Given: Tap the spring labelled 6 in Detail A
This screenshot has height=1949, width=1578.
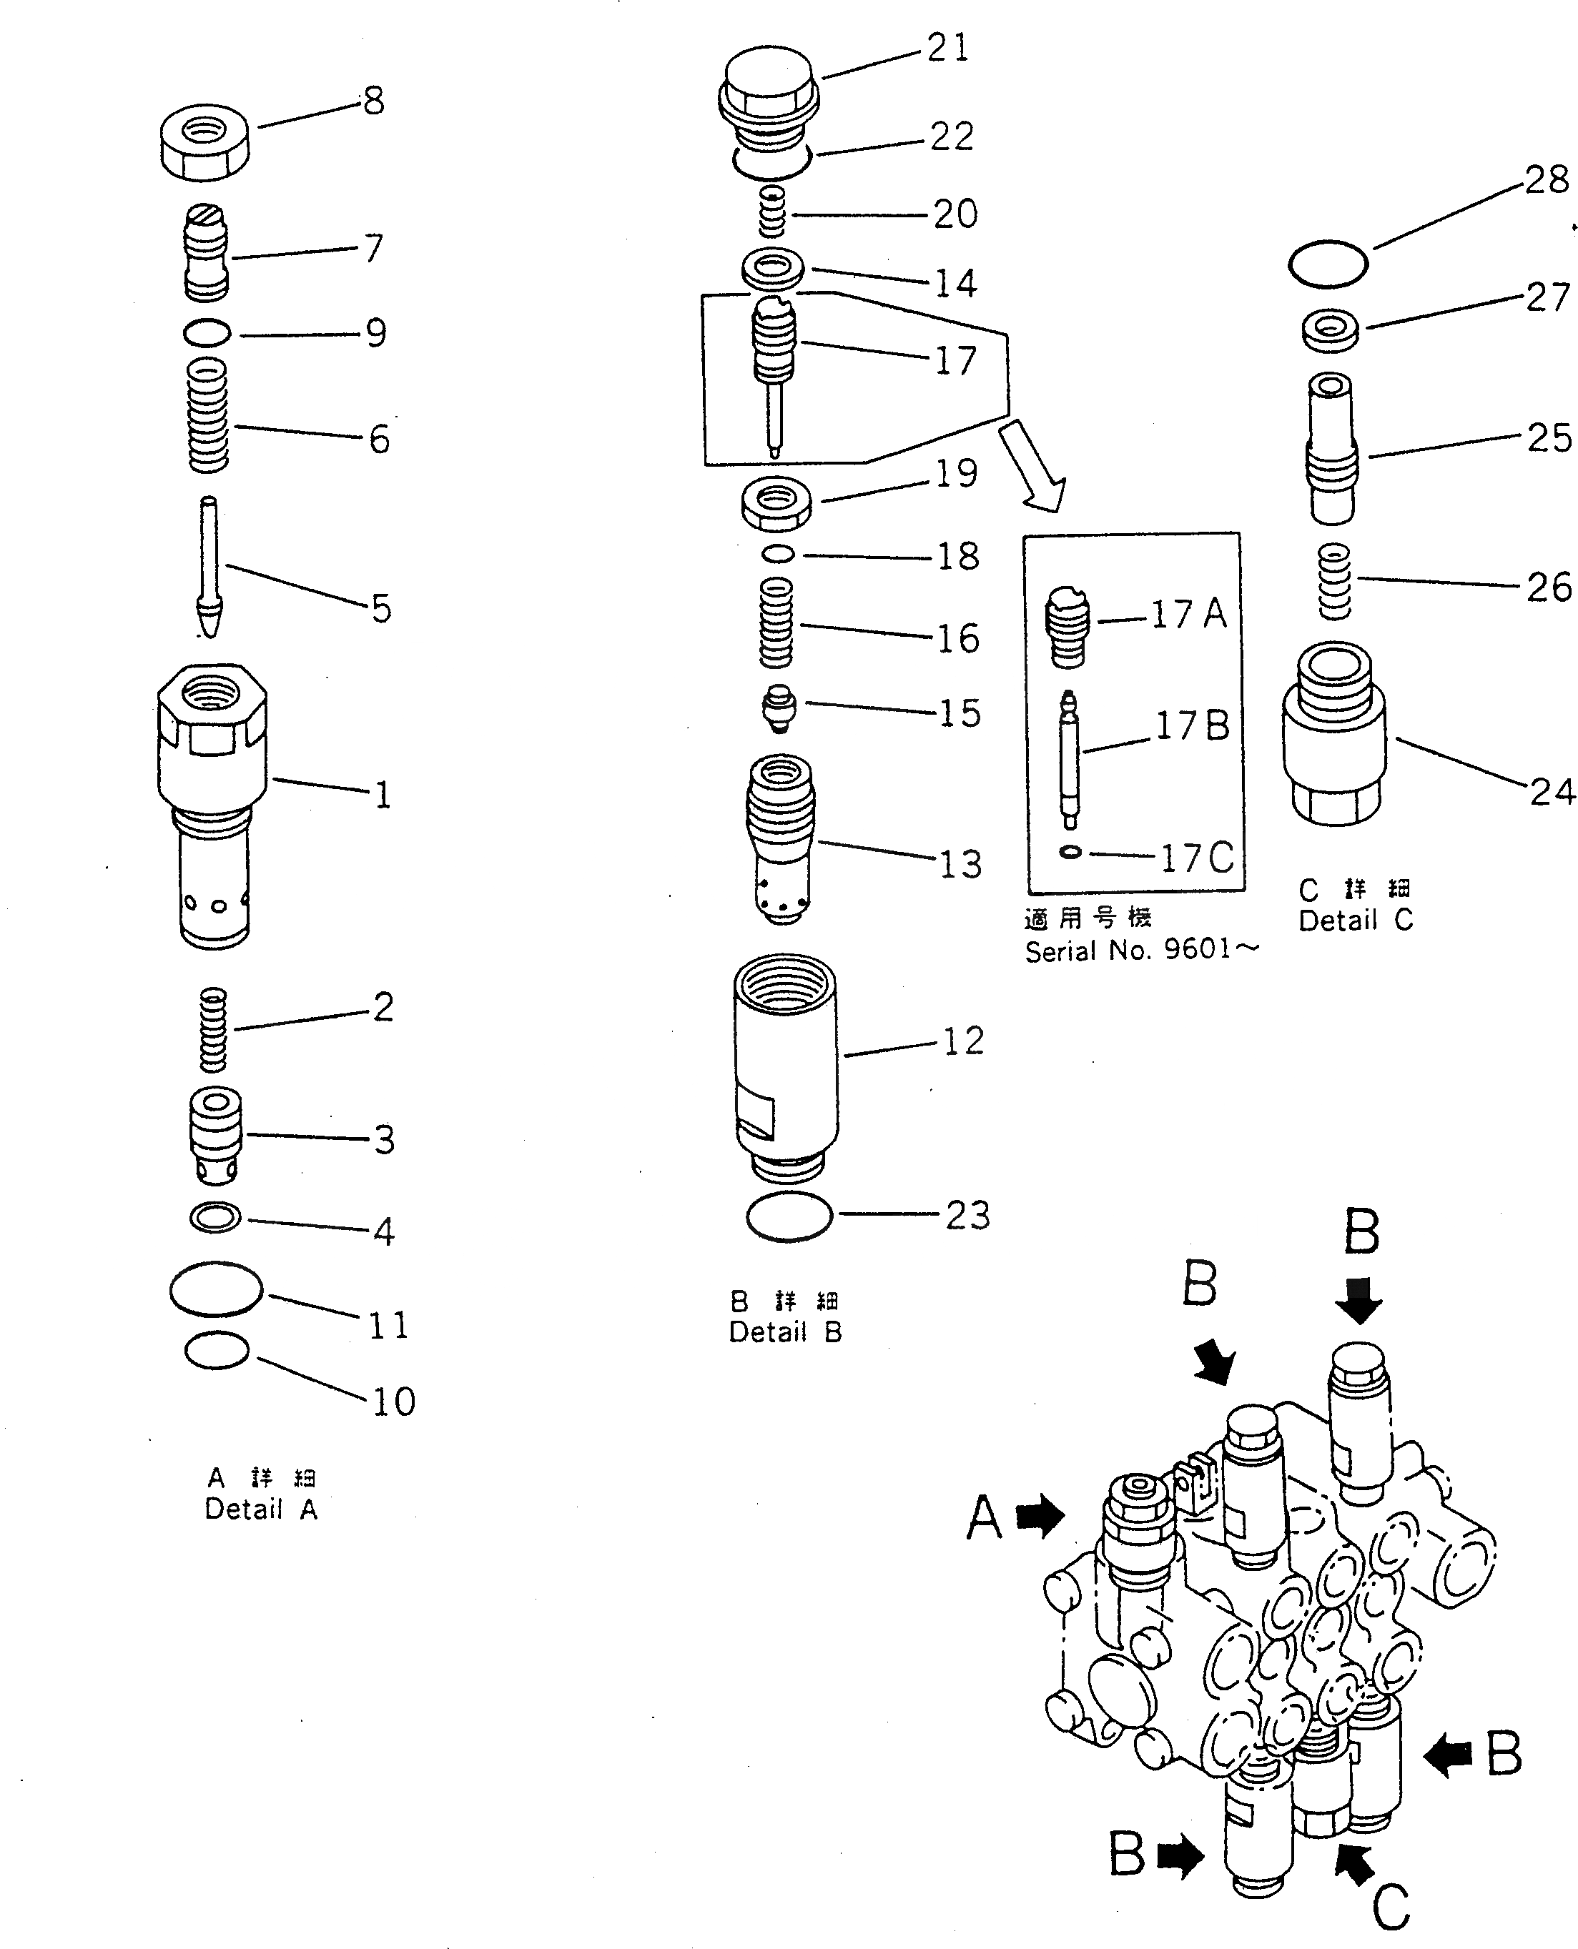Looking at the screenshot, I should tap(207, 415).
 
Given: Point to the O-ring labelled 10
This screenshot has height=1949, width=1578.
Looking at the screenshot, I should tap(217, 1350).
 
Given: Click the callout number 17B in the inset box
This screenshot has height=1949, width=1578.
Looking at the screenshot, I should tap(1192, 727).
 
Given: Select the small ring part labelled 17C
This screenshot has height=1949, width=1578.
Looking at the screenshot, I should tap(1072, 851).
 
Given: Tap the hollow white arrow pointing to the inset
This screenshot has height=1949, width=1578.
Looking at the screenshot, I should tap(1032, 466).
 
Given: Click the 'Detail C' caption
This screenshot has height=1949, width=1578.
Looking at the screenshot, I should tap(1356, 921).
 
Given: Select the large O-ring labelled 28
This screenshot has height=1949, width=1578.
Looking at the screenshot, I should tap(1327, 264).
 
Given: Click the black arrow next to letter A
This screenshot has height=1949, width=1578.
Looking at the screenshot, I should tap(1039, 1517).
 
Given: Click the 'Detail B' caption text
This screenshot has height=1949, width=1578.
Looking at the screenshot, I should tap(785, 1332).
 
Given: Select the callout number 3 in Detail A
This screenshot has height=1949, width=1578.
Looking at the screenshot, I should tap(385, 1139).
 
